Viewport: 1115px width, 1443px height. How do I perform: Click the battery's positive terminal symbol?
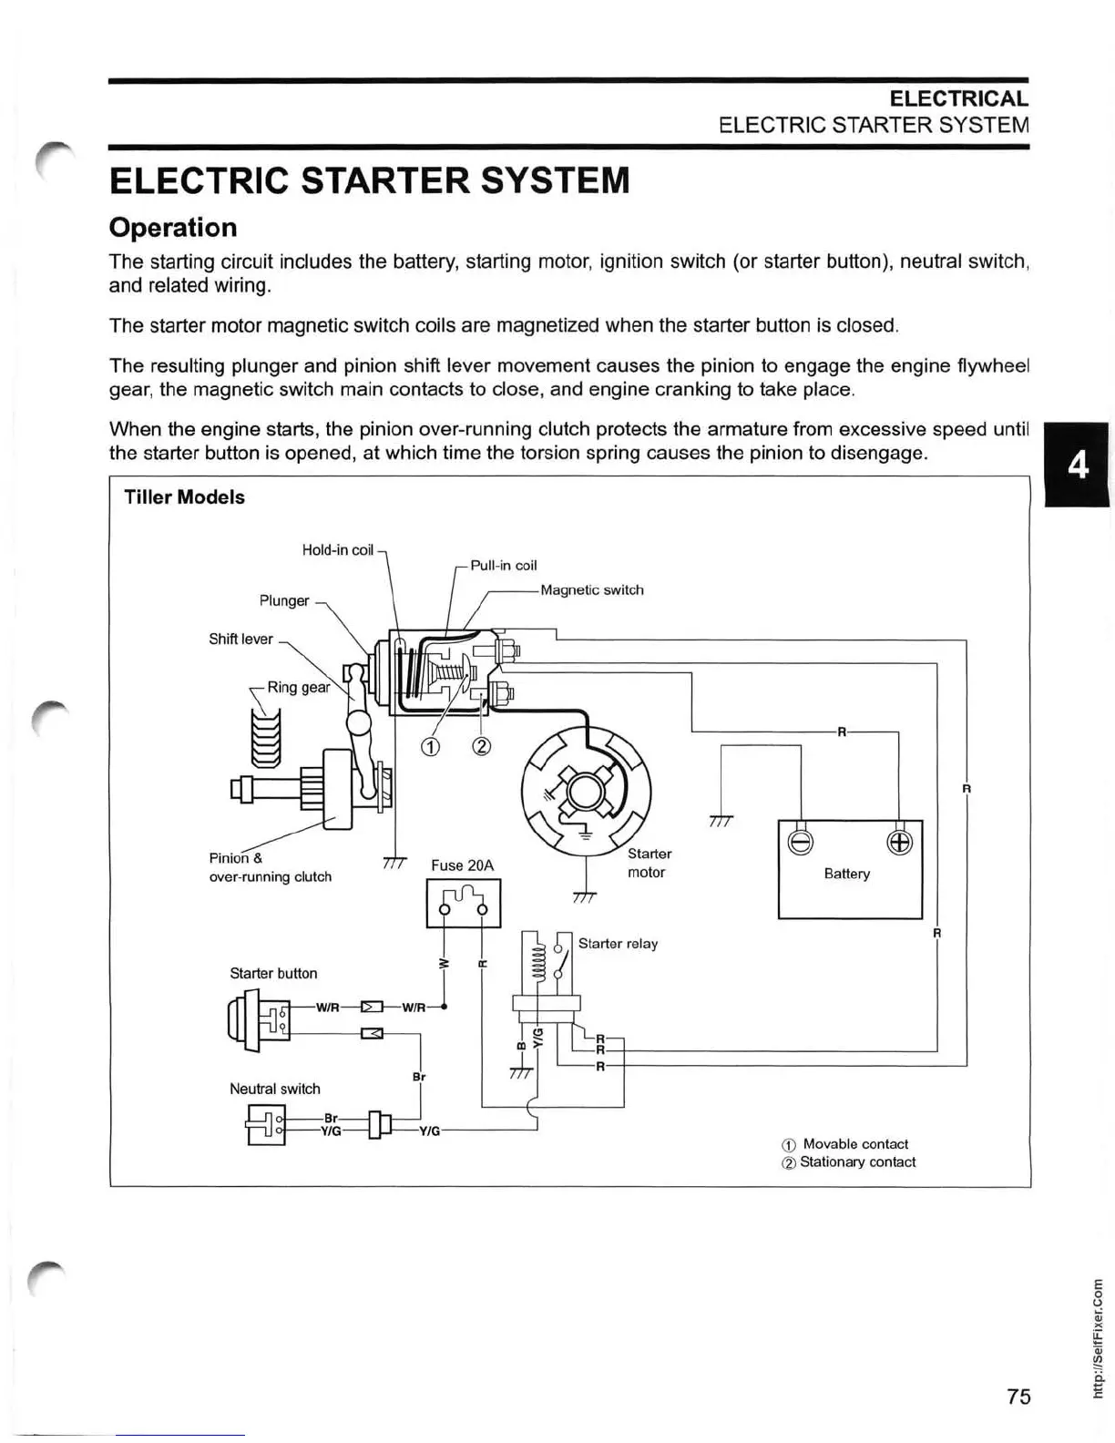point(898,843)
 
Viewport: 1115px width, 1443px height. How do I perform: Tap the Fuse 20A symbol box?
point(463,903)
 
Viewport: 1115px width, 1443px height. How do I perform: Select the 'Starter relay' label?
point(618,944)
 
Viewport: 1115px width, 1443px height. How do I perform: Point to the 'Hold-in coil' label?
point(337,550)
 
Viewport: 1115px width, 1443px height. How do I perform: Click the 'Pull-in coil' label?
point(503,566)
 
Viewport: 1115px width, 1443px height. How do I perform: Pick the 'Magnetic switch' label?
point(592,590)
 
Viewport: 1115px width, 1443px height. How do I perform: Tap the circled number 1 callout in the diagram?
point(430,747)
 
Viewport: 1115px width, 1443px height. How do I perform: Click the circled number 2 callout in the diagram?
point(482,747)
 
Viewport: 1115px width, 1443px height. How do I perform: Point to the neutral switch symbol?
point(266,1124)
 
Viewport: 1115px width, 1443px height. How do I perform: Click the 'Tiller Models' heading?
point(184,497)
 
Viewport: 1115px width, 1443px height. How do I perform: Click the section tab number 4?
point(1078,466)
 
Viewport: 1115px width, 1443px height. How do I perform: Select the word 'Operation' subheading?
point(173,228)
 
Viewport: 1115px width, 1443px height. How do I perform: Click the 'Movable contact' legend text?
point(855,1144)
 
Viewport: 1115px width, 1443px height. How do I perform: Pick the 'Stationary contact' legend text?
point(857,1162)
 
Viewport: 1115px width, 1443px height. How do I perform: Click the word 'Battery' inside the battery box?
point(846,874)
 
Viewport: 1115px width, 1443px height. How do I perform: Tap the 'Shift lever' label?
point(240,640)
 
